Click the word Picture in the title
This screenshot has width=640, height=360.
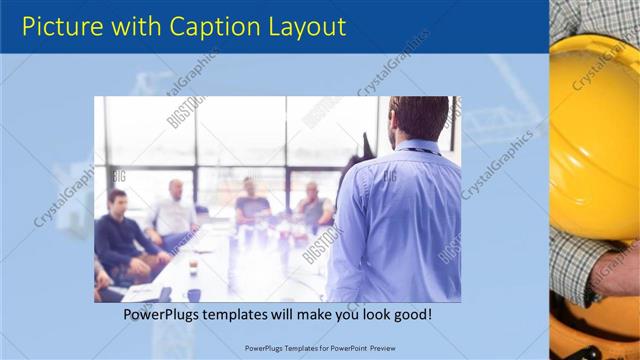click(x=61, y=25)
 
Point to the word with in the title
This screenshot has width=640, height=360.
click(x=136, y=25)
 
